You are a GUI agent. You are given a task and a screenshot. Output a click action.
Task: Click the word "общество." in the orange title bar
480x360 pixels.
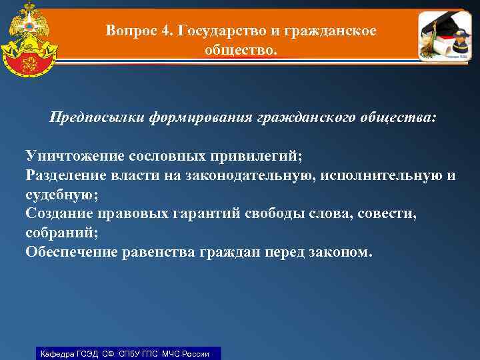coord(240,50)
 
